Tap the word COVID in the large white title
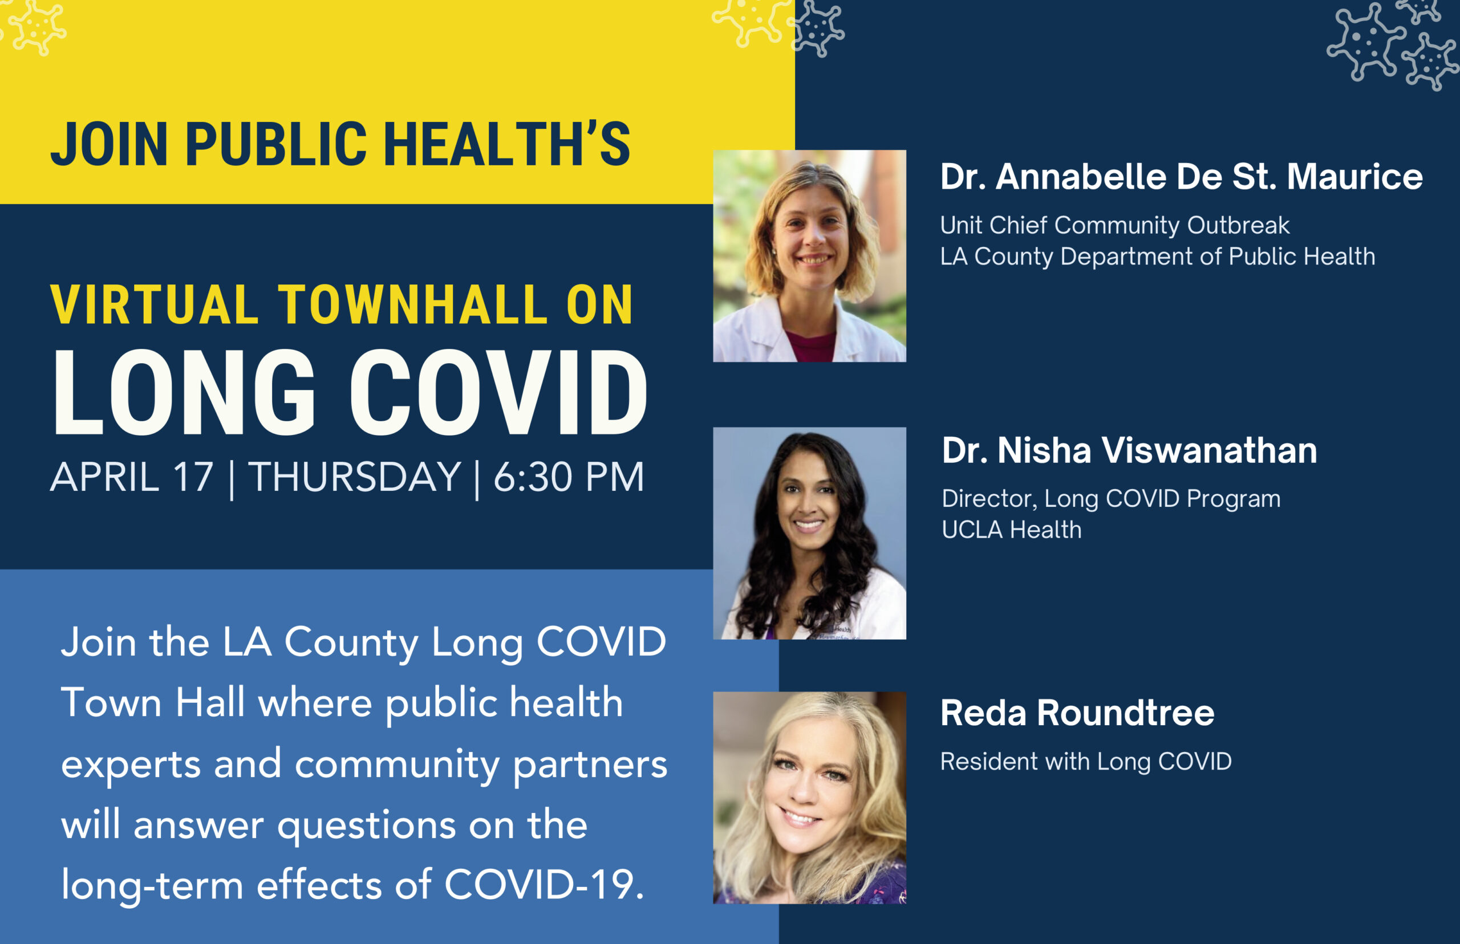498,392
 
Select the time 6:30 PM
569,477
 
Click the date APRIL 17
132,477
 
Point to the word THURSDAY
354,477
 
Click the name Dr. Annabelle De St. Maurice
1182,177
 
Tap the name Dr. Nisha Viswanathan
1129,450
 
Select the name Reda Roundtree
1077,713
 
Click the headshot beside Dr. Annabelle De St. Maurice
809,255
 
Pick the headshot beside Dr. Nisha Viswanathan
809,534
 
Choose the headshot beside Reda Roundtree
809,797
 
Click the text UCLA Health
1012,530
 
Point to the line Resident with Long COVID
1086,762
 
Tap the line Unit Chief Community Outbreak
1115,226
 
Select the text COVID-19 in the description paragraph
544,885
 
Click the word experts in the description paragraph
131,765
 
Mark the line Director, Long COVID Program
1111,499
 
